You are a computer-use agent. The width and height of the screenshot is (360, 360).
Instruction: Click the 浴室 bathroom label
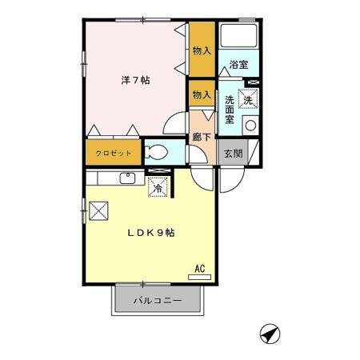coord(238,65)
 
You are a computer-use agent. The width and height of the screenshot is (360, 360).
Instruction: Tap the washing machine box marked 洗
coord(249,100)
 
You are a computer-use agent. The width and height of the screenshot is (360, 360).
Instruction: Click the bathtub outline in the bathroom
coord(238,37)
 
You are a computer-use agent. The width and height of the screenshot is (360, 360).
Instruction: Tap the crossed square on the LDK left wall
coord(99,210)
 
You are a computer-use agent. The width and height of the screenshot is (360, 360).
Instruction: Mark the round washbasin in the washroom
coord(250,124)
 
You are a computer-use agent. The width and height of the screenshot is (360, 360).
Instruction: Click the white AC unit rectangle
coord(200,277)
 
